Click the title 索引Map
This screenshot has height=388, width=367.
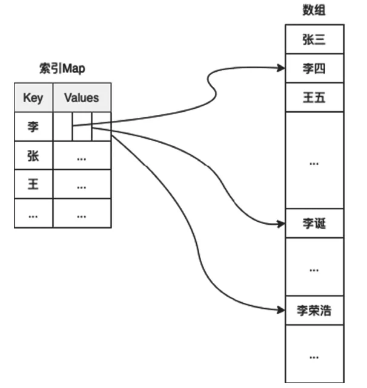click(63, 68)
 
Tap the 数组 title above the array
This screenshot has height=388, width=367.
click(314, 10)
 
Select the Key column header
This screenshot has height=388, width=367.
click(33, 97)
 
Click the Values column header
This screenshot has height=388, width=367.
click(82, 97)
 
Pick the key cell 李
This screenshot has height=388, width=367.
click(33, 126)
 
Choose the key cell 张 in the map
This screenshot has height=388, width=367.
click(33, 156)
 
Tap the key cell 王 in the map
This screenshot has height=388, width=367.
click(33, 185)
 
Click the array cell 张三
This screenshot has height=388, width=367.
click(314, 39)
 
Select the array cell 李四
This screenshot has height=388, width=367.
click(314, 68)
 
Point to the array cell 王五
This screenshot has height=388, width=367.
click(314, 97)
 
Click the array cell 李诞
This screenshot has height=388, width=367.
click(314, 224)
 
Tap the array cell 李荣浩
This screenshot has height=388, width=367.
click(314, 311)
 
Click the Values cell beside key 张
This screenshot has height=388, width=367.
click(82, 156)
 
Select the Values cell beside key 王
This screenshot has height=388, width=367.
click(82, 185)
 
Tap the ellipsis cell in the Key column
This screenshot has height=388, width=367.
click(33, 214)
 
